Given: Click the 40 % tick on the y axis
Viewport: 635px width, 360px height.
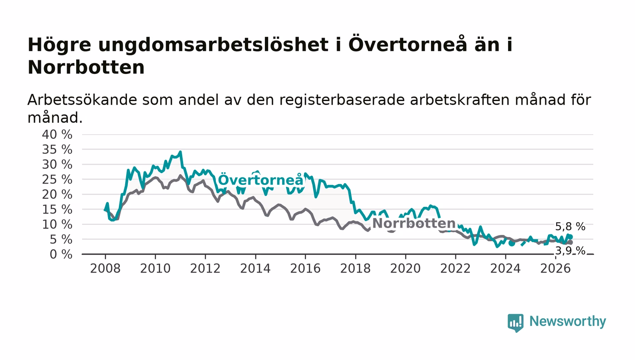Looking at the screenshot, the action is click(x=57, y=134).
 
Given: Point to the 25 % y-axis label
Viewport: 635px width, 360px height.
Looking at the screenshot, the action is click(x=57, y=180).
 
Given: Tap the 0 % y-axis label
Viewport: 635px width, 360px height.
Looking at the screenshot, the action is click(x=61, y=254).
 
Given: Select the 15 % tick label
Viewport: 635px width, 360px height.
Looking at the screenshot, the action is click(x=57, y=209).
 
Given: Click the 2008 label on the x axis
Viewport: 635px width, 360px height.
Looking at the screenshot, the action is click(x=105, y=268).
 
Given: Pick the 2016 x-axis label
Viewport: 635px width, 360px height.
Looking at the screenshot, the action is click(x=305, y=268).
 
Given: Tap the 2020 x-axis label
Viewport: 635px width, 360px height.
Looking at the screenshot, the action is click(x=405, y=268).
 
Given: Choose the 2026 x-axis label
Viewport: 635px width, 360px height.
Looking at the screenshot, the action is click(x=555, y=268).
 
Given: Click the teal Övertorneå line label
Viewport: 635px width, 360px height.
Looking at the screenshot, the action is click(x=261, y=180).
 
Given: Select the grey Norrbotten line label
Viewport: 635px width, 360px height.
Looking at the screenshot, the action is click(x=414, y=224).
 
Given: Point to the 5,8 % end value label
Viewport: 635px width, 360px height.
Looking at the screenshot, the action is click(x=570, y=227).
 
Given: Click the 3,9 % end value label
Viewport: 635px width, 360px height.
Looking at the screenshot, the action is click(x=570, y=251).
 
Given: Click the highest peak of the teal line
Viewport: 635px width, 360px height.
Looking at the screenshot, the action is click(x=181, y=152).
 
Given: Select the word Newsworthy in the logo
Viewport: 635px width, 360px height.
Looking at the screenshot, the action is click(x=568, y=321).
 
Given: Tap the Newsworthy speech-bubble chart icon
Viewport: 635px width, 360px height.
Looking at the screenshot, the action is click(x=515, y=323).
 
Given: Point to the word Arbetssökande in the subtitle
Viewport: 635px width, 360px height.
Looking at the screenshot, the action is click(x=82, y=100).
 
